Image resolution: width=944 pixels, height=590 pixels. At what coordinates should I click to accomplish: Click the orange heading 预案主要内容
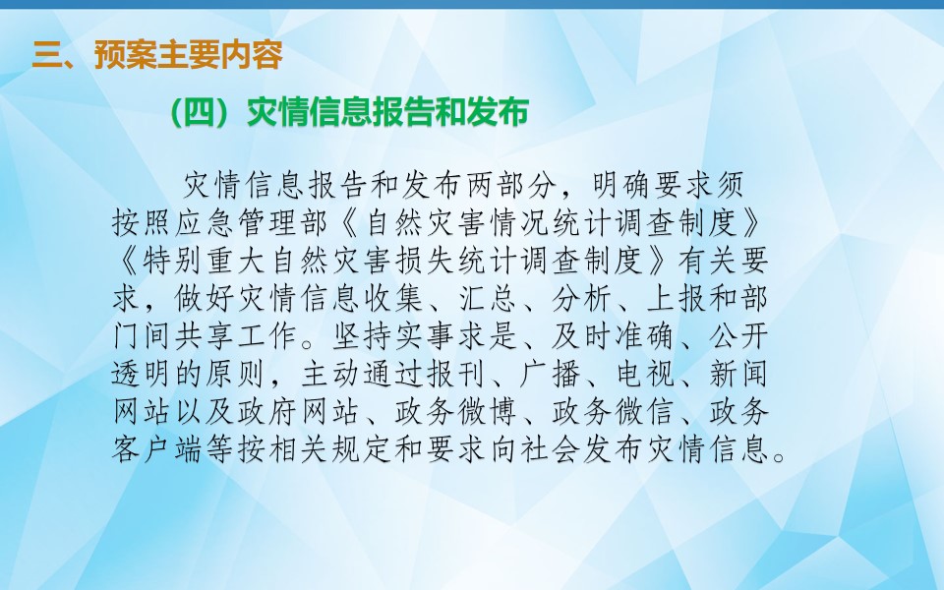click(x=189, y=55)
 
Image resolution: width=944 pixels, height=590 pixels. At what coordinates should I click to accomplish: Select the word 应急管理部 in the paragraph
click(x=254, y=223)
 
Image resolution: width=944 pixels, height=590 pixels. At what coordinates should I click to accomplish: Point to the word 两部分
click(x=513, y=185)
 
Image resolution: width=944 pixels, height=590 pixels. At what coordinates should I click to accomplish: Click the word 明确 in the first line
click(x=621, y=185)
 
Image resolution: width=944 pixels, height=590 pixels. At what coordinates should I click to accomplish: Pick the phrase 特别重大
click(x=206, y=261)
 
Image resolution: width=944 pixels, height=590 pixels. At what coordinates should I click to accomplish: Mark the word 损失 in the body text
click(x=426, y=261)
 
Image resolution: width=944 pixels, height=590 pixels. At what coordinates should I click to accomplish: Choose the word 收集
click(x=394, y=299)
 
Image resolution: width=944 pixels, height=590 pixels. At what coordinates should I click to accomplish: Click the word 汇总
click(x=489, y=299)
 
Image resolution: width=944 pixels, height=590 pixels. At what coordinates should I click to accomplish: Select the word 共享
click(x=206, y=336)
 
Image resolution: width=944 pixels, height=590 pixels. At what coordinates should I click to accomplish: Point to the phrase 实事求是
click(x=457, y=336)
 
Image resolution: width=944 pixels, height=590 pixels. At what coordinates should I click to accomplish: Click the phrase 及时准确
click(x=614, y=336)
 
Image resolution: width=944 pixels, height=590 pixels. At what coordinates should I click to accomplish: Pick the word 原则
click(x=237, y=375)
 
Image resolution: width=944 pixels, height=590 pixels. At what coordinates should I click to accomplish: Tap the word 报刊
click(x=457, y=375)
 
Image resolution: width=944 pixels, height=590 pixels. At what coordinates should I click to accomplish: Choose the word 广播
click(x=552, y=375)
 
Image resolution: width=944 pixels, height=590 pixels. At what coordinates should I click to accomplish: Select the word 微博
click(x=489, y=412)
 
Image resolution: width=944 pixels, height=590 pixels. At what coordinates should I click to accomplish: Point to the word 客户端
click(x=159, y=449)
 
